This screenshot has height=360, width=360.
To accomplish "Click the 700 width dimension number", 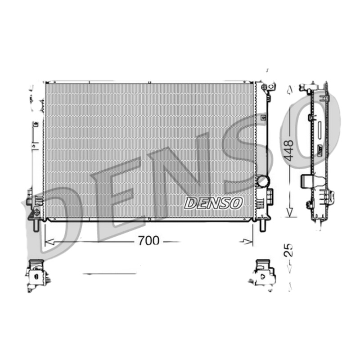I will (x=148, y=241).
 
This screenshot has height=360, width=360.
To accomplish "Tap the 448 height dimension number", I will (x=288, y=150).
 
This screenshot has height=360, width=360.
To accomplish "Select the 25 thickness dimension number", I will (x=288, y=250).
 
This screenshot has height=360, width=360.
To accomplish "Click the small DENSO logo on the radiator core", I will (x=213, y=202).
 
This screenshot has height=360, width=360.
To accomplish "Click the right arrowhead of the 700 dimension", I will (x=247, y=242).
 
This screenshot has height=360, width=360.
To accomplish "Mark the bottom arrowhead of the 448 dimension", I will (x=289, y=211).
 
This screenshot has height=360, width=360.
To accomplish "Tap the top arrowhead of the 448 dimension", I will (x=289, y=90).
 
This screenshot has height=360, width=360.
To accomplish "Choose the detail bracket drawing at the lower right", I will (x=263, y=273).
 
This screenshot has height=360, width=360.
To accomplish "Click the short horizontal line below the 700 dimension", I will (x=109, y=273).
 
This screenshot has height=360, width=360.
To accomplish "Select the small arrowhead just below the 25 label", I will (x=289, y=269).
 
